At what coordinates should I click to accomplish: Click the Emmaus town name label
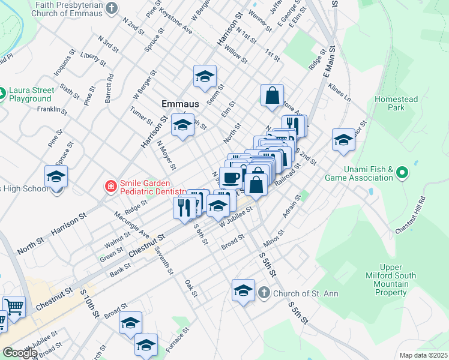(180, 104)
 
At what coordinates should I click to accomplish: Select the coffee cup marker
(231, 178)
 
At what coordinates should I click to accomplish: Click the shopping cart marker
(14, 307)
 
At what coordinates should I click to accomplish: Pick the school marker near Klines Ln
(343, 140)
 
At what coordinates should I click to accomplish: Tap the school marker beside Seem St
(205, 76)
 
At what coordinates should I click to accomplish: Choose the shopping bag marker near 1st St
(272, 95)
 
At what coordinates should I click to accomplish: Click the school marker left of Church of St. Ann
(243, 290)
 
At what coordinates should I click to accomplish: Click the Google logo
(20, 353)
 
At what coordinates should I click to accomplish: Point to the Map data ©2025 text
(423, 355)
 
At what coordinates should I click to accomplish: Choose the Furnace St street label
(178, 338)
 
